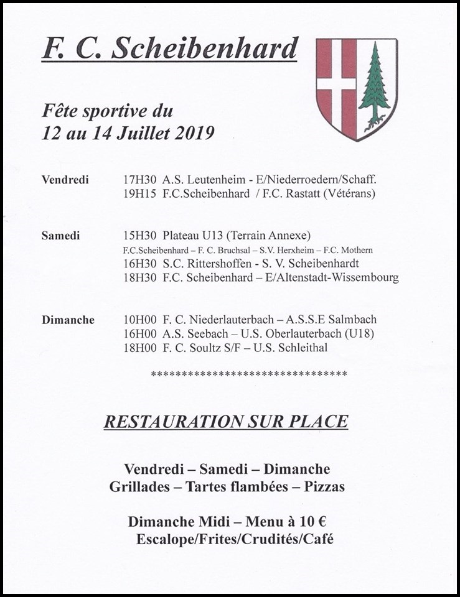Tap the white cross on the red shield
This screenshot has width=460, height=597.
(x=336, y=83)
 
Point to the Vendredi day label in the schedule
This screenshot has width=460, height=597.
(x=65, y=180)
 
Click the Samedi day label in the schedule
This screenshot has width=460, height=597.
(x=61, y=236)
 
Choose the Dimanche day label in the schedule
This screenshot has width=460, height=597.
(x=68, y=320)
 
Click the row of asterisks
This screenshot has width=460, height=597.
(x=249, y=374)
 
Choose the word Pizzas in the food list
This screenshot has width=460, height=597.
(x=324, y=486)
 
